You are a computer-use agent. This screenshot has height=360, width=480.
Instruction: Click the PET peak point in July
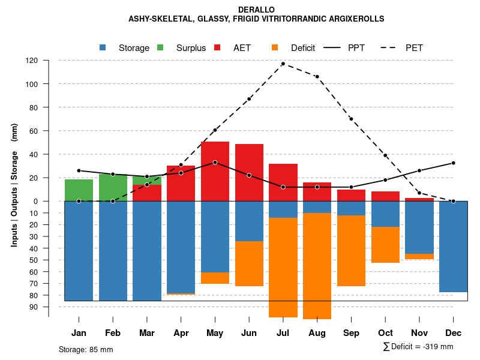[x=283, y=64]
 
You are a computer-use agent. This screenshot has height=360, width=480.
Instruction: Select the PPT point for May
[x=215, y=163]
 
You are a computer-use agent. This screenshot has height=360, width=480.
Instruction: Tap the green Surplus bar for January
[x=79, y=190]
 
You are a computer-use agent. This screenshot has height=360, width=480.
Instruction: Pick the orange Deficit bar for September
[x=351, y=251]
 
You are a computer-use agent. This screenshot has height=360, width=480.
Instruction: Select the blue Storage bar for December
[x=453, y=247]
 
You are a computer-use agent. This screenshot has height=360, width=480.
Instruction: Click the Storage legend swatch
[x=103, y=48]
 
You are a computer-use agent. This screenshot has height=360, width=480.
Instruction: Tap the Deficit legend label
[x=303, y=48]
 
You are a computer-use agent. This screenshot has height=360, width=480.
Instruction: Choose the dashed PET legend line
[x=391, y=48]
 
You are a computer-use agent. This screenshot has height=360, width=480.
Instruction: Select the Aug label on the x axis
[x=317, y=333]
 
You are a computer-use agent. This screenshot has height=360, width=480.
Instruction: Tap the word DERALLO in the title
[x=256, y=10]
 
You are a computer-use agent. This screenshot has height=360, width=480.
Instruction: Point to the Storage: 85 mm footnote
[x=86, y=349]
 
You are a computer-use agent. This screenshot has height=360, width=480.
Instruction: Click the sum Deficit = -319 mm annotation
[x=418, y=347]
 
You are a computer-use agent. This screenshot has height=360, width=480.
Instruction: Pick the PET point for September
[x=351, y=119]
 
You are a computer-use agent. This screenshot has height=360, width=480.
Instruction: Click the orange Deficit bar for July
[x=283, y=267]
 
